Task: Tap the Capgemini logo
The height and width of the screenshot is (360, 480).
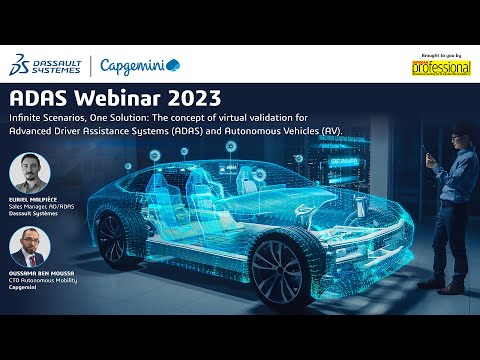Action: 140,66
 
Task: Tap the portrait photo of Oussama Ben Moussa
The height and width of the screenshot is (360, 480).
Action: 30,248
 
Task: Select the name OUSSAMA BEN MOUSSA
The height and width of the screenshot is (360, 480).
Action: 39,275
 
